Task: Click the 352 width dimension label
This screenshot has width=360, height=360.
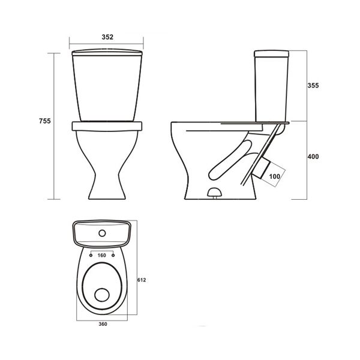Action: [107, 37]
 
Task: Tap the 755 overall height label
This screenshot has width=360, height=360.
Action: [45, 121]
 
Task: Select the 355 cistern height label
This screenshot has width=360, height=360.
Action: [313, 85]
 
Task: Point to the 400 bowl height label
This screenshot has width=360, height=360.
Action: [313, 157]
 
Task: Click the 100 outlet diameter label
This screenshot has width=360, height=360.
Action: [275, 176]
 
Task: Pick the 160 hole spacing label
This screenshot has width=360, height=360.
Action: [102, 256]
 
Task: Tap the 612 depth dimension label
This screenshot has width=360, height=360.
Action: [142, 280]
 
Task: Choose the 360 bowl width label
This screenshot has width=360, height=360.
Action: [103, 324]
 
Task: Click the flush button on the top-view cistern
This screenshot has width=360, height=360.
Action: [102, 233]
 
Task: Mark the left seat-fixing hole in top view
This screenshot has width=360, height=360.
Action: [91, 256]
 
